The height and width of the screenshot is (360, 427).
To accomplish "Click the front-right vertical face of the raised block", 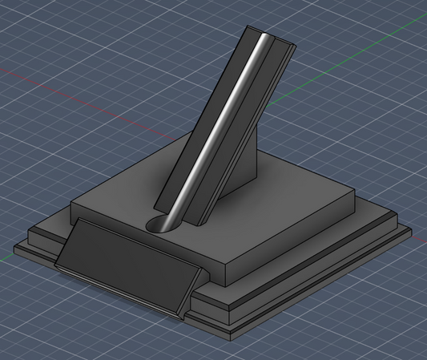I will click(296, 241).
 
